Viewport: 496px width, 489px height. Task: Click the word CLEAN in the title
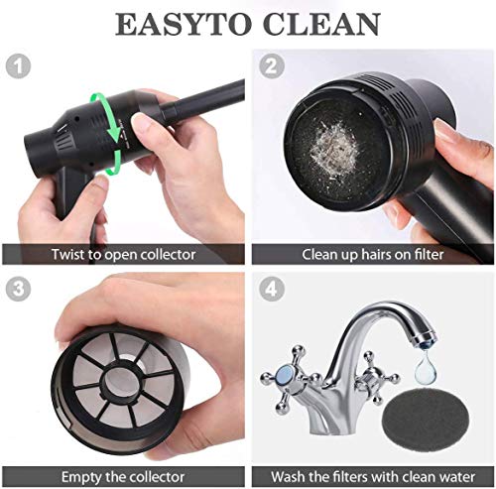pyautogui.click(x=321, y=23)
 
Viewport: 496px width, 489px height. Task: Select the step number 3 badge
pyautogui.click(x=16, y=289)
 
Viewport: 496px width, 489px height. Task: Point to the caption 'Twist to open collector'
pyautogui.click(x=122, y=254)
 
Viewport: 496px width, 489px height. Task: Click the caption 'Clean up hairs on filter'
pyautogui.click(x=372, y=254)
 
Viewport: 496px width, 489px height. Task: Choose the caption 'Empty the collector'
pyautogui.click(x=122, y=474)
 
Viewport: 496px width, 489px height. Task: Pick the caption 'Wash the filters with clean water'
pyautogui.click(x=372, y=474)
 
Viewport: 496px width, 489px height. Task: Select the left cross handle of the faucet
pyautogui.click(x=285, y=378)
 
